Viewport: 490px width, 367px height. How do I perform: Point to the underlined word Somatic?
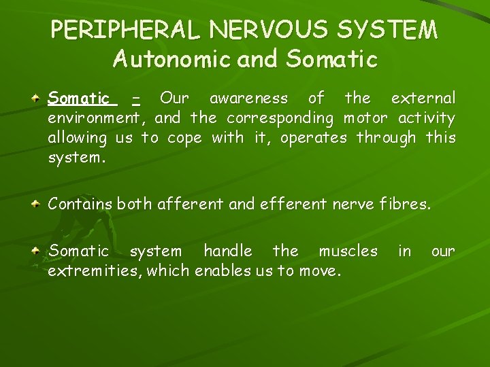point(79,99)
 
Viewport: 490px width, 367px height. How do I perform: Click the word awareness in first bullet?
point(248,99)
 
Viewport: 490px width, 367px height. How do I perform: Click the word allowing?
point(77,138)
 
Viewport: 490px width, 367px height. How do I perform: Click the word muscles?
point(348,251)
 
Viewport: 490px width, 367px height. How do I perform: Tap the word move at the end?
point(322,271)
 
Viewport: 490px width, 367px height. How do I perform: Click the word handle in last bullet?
point(227,251)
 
